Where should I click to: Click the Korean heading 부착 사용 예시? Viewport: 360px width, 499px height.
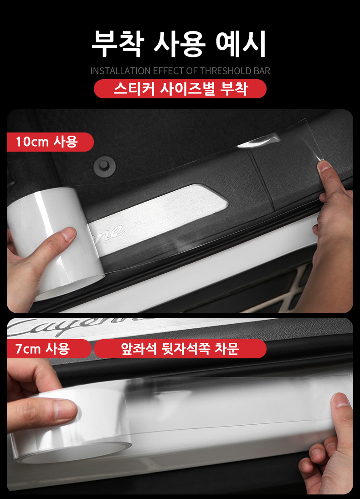coord(179,44)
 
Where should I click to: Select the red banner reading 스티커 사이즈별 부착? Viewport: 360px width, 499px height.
coord(180,89)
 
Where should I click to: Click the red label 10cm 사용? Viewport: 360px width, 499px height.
coord(50,142)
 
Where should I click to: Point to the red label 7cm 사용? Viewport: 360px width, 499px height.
coord(49,349)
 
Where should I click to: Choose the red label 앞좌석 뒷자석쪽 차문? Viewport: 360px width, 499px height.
coord(180,349)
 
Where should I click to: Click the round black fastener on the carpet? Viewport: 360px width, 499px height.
coord(104,165)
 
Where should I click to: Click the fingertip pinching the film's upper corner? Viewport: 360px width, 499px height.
coord(324,167)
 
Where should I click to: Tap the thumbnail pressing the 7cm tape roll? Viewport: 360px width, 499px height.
coord(65,408)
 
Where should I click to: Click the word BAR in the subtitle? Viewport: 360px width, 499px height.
coord(262,71)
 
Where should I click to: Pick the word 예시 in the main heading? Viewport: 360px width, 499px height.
coord(241,44)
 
